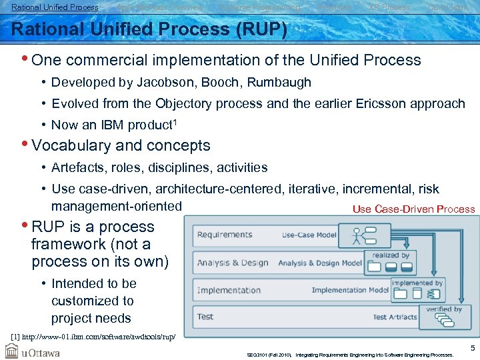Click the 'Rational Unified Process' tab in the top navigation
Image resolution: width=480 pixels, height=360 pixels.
55,7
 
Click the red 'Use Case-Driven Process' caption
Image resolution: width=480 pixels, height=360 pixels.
413,209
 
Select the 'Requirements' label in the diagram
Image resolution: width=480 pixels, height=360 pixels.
225,235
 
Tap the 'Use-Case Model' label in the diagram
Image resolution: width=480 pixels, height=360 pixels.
309,235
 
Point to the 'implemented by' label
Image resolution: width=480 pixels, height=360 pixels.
417,283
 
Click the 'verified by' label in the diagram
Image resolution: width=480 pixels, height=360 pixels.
444,309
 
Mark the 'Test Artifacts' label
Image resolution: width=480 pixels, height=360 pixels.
395,317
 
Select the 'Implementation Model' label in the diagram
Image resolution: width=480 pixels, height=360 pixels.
350,290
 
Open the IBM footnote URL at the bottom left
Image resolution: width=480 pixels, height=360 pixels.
93,336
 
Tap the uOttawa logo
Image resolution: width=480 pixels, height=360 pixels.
33,352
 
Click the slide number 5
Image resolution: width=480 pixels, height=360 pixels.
472,348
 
